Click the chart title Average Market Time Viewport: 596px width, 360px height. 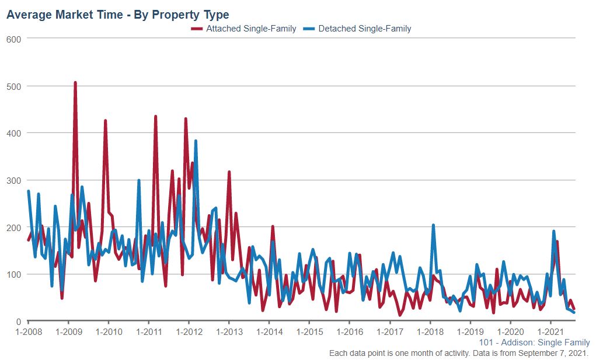[x=117, y=15]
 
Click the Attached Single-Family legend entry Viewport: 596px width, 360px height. [x=245, y=29]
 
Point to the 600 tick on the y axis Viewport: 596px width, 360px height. [x=13, y=39]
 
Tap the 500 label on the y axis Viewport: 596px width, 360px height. [x=13, y=86]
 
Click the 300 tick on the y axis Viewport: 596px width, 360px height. [x=13, y=180]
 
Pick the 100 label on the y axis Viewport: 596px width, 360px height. [x=13, y=274]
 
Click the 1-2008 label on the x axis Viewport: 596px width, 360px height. [x=29, y=331]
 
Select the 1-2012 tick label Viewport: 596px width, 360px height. [x=189, y=331]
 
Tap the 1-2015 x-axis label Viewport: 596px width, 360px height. [x=309, y=331]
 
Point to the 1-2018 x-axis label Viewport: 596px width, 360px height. [x=430, y=331]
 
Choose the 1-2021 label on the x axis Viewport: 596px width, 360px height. [x=550, y=331]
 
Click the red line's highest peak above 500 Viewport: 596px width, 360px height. [x=75, y=83]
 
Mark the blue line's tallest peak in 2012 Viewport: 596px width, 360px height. [x=196, y=141]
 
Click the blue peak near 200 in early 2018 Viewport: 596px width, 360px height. [x=433, y=225]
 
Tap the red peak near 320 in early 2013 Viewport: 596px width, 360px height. [x=229, y=172]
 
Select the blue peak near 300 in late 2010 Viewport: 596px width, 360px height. [x=139, y=180]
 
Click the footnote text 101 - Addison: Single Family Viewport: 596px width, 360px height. [x=534, y=342]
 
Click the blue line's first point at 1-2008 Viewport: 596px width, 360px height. [x=29, y=191]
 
